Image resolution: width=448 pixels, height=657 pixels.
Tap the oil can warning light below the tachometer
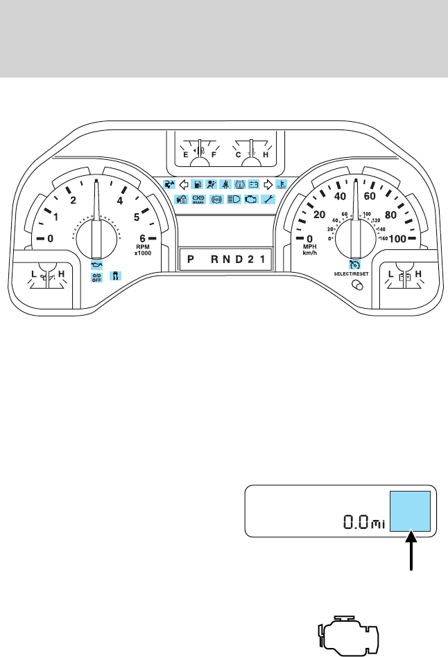[x=96, y=264]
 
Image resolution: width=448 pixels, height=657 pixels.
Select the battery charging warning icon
[x=254, y=185]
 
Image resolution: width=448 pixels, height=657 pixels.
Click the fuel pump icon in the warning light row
[x=198, y=185]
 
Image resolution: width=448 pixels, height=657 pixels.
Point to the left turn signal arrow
[x=184, y=185]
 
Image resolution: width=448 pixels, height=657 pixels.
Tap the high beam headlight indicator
[x=234, y=199]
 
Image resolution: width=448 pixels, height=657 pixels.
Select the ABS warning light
[x=216, y=199]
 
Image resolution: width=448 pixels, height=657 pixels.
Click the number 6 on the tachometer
[x=142, y=239]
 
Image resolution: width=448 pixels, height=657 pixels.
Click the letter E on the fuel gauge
[x=185, y=156]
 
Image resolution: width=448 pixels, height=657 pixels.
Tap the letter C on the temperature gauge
[x=238, y=156]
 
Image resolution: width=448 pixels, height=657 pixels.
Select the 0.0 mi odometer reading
[x=364, y=521]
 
